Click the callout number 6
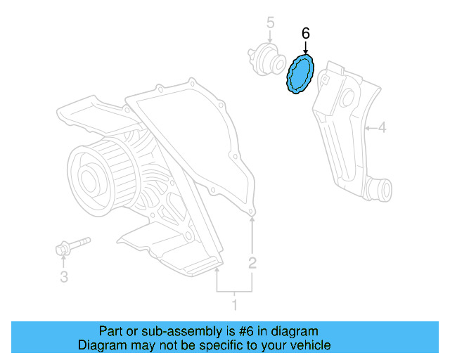(x=305, y=33)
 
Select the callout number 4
(x=382, y=128)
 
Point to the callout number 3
(x=64, y=277)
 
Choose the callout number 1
(x=235, y=304)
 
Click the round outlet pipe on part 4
(x=381, y=188)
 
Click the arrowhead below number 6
(x=305, y=50)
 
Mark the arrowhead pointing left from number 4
(x=368, y=128)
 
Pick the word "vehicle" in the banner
(x=311, y=345)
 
